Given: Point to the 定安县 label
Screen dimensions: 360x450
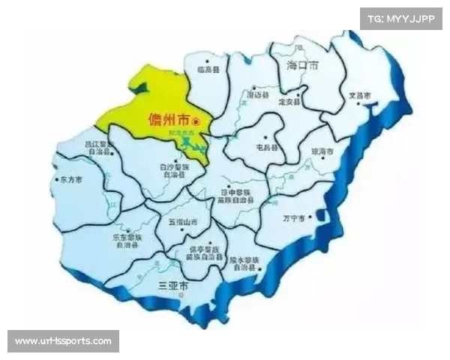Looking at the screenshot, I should click(290, 102).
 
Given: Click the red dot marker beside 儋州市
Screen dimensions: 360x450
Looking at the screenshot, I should click(196, 121).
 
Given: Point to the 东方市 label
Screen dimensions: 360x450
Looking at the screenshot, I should click(68, 180).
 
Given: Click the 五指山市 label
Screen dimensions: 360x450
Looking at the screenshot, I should click(183, 223).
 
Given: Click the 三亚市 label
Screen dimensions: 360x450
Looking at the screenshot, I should click(172, 286).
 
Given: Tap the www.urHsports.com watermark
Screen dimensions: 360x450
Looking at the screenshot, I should click(63, 341).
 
